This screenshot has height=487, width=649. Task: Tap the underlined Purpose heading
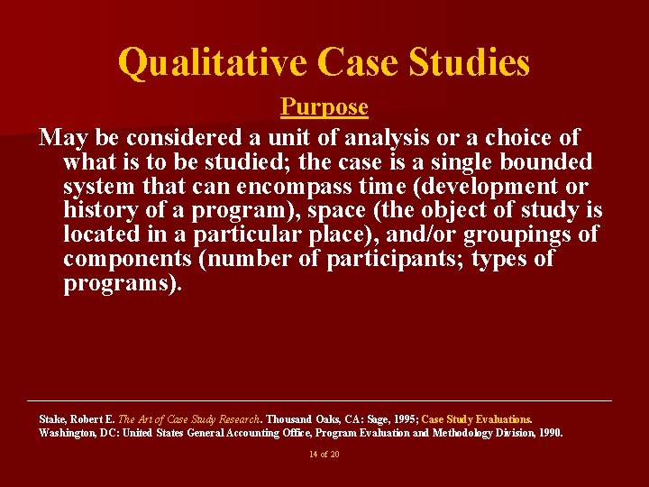pos(324,107)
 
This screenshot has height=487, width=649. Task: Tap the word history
pos(98,211)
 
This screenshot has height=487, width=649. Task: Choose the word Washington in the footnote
pos(65,433)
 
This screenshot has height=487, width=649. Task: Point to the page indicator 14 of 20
pos(324,455)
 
